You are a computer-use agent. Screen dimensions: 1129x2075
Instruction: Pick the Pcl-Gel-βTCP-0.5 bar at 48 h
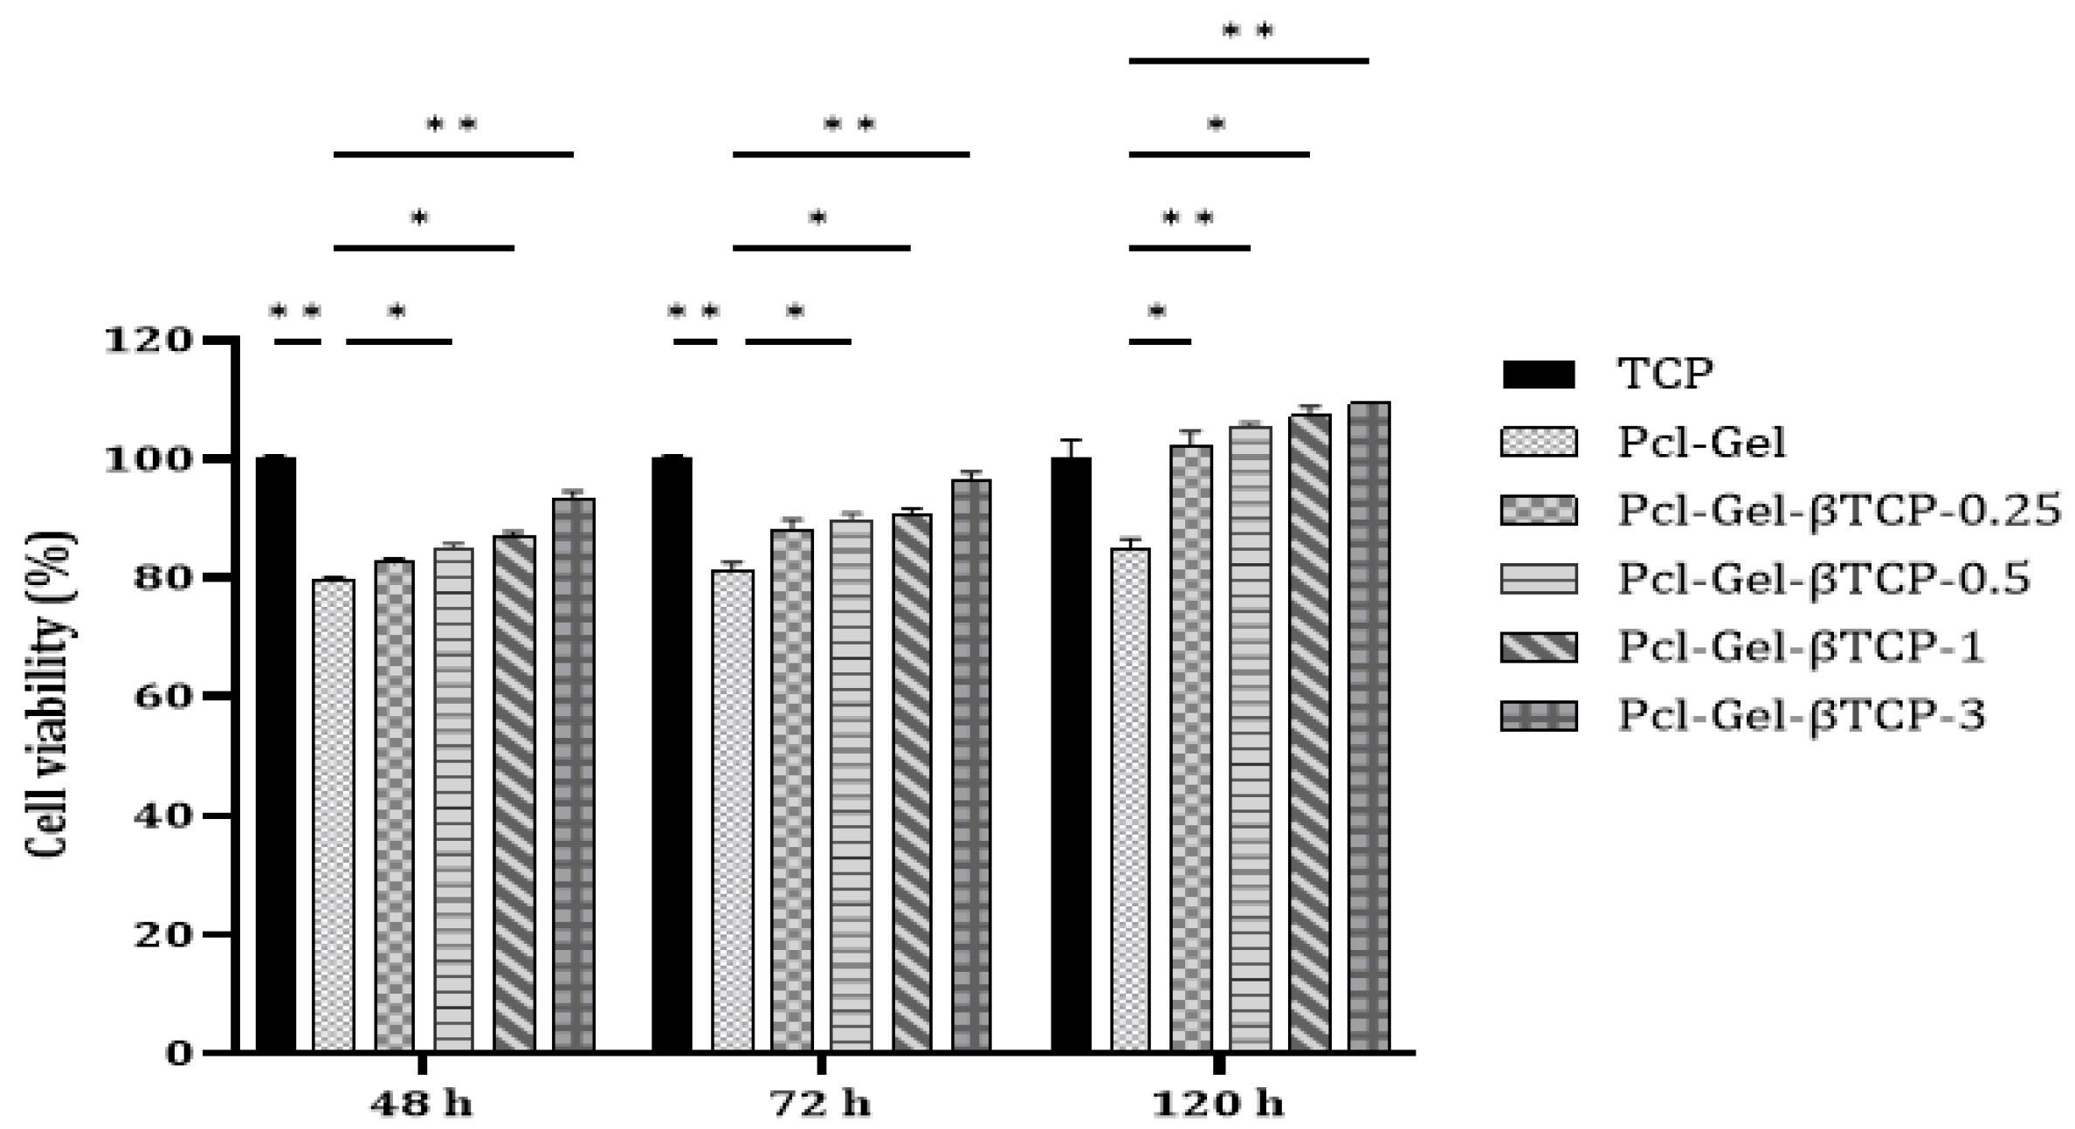[454, 798]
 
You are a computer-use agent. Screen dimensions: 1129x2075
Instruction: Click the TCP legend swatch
[1538, 375]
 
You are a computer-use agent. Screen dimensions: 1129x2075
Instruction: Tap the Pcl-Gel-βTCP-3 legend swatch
[1538, 716]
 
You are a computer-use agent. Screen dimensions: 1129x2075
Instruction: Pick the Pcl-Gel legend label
[1701, 443]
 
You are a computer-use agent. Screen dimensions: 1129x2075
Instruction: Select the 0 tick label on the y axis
[178, 1054]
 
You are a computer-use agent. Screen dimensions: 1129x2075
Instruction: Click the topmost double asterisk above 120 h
[1248, 32]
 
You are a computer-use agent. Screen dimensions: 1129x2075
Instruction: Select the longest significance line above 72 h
[851, 155]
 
